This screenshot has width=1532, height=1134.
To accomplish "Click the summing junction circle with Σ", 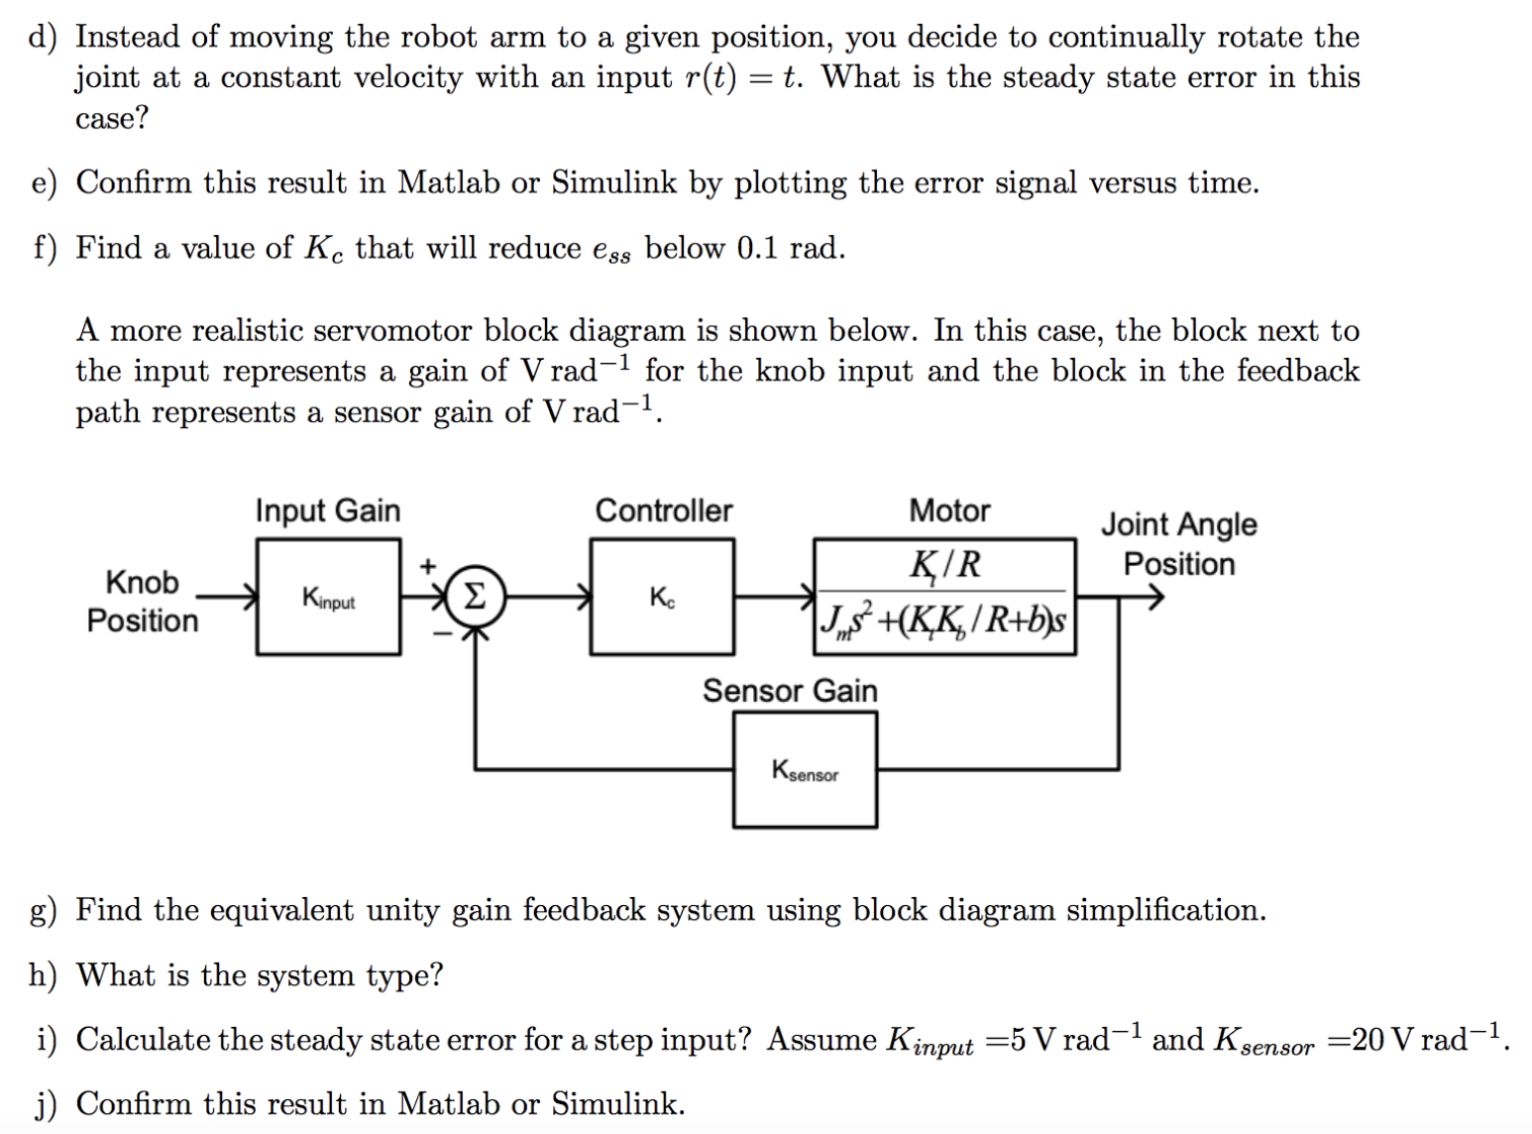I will click(x=475, y=598).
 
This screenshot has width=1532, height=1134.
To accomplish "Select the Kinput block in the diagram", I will click(x=328, y=597).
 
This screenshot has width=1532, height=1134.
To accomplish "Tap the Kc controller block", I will click(x=662, y=597).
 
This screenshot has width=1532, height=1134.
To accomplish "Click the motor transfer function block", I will click(x=944, y=596).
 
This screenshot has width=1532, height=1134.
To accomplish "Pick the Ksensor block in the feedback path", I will click(x=805, y=770).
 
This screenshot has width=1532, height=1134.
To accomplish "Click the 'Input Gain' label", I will click(x=328, y=510).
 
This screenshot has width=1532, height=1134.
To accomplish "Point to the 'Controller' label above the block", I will click(x=663, y=510).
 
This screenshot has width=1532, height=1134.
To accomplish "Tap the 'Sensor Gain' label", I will click(x=790, y=690).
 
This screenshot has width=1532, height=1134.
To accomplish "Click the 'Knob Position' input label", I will click(x=143, y=601).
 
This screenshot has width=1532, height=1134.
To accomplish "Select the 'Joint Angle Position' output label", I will click(x=1178, y=543).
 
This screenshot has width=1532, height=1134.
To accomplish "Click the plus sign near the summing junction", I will click(x=428, y=566).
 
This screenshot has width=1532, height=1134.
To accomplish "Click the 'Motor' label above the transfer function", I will click(x=949, y=510).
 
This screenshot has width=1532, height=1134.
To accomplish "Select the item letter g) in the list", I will click(x=43, y=910).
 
